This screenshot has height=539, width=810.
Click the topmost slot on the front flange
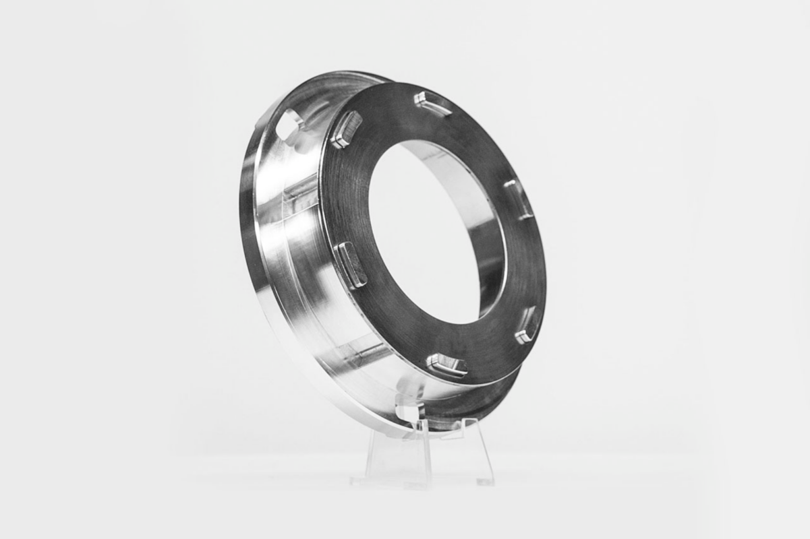(432, 104)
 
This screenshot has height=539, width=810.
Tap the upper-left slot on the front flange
(346, 129)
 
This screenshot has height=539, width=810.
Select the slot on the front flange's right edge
(519, 199)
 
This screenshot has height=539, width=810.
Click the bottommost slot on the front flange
(446, 365)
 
